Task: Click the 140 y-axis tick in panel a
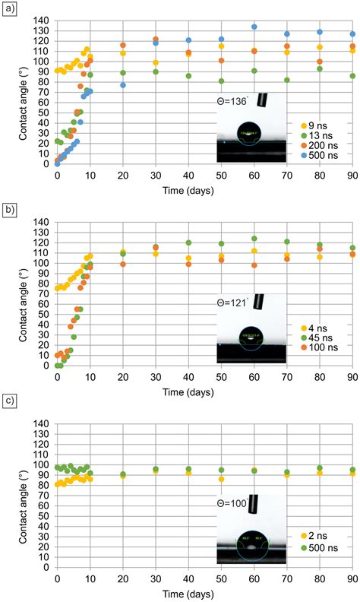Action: point(43,20)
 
